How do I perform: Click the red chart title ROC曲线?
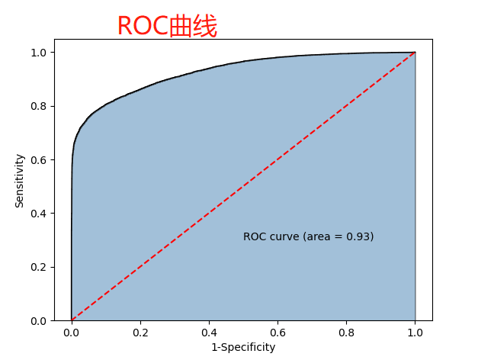click(x=167, y=27)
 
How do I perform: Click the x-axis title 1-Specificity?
click(x=243, y=347)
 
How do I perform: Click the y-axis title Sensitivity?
click(x=20, y=181)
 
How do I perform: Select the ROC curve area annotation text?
click(x=308, y=236)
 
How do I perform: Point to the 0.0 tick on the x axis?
click(x=72, y=333)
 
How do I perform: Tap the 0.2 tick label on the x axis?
click(x=140, y=333)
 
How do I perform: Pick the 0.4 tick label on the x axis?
click(x=209, y=333)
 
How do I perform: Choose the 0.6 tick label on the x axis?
click(x=277, y=333)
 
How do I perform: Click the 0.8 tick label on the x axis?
click(x=346, y=333)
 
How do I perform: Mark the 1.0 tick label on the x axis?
click(x=415, y=333)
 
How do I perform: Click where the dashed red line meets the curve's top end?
click(x=415, y=53)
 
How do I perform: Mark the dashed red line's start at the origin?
click(x=72, y=320)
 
